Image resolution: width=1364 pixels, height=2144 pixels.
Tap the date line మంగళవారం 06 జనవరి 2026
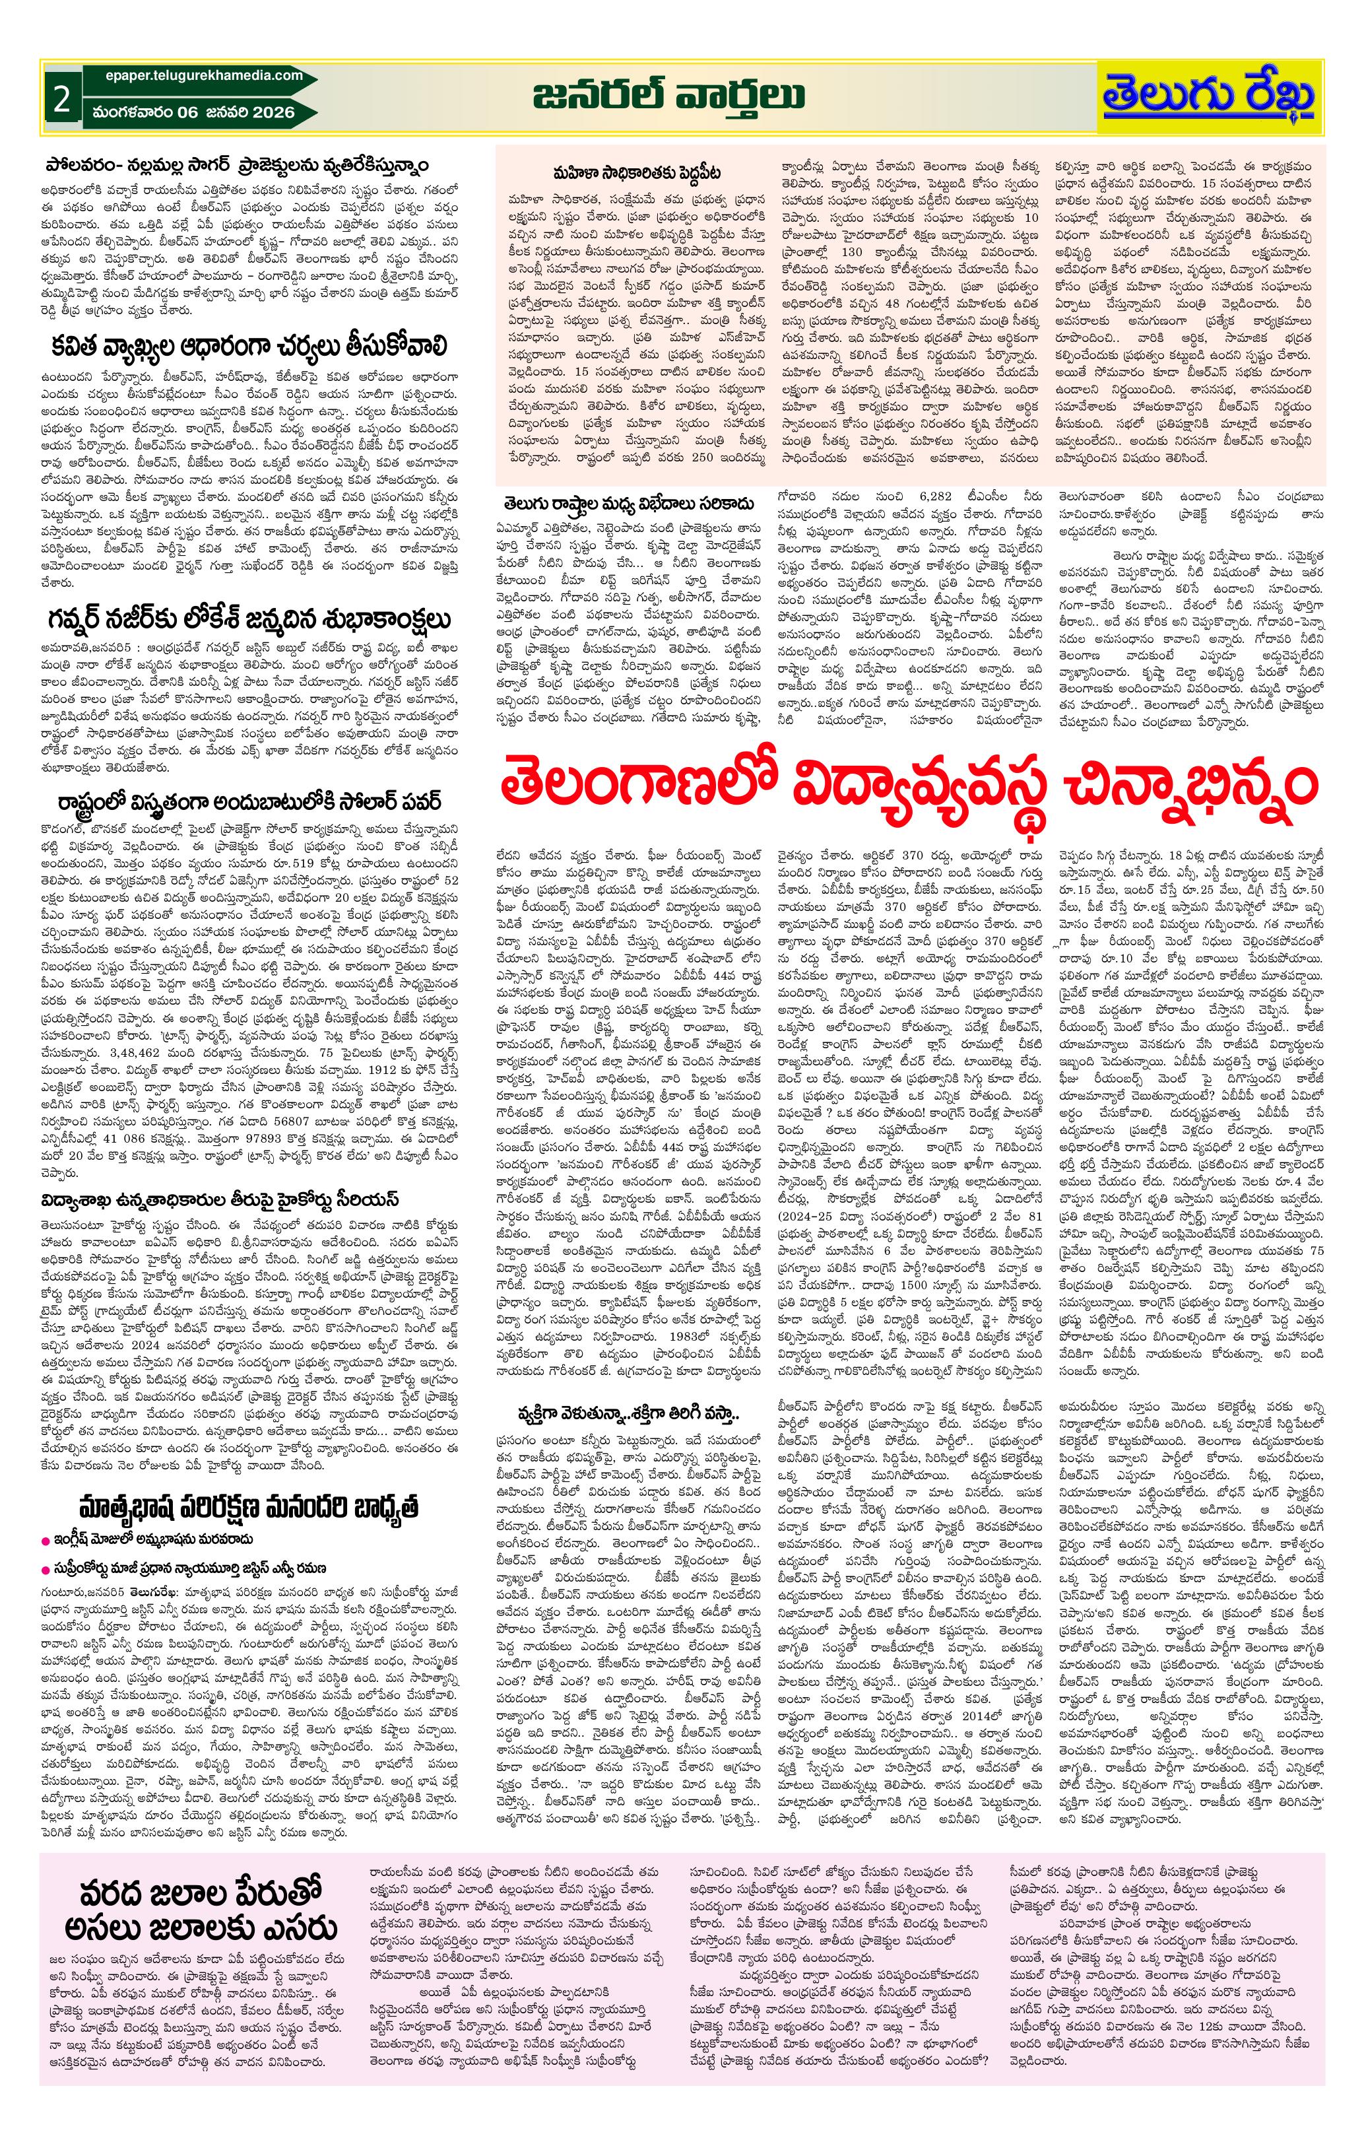[189, 112]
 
